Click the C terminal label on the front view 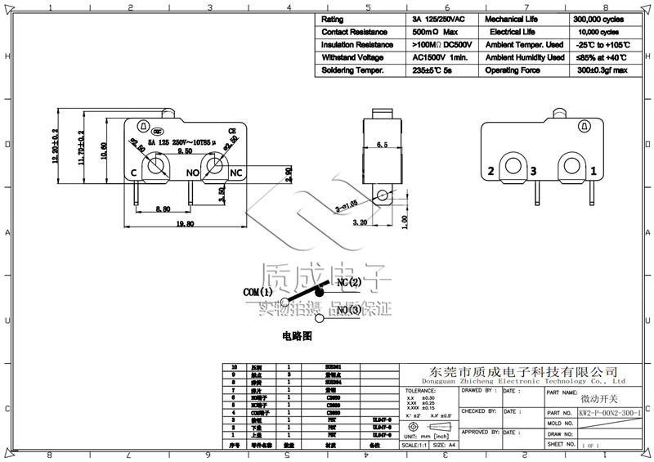point(132,173)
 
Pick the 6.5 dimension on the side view point(382,144)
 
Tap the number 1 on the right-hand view point(593,172)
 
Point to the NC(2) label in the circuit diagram point(349,282)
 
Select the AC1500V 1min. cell point(439,58)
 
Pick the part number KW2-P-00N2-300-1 point(610,414)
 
